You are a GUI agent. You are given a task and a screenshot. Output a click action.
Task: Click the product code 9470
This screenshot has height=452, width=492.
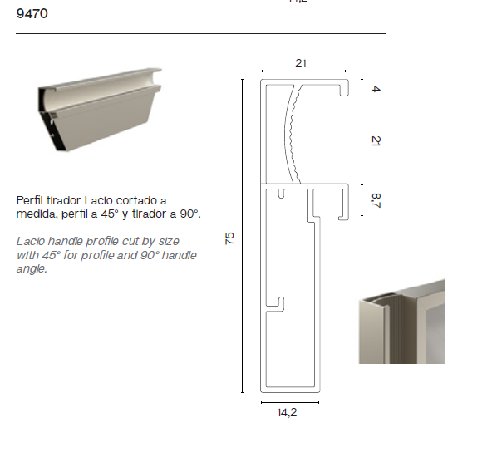tap(32, 14)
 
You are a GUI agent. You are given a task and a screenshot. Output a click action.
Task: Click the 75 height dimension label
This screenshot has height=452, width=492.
tap(229, 238)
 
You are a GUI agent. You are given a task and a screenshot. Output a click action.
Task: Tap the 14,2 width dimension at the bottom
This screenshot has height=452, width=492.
tap(287, 412)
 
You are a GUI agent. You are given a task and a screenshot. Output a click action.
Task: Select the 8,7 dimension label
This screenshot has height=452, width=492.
tap(376, 200)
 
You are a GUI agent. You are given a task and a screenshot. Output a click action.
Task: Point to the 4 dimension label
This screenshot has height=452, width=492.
tap(376, 89)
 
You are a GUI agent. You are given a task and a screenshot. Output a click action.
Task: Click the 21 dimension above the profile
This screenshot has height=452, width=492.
tap(301, 64)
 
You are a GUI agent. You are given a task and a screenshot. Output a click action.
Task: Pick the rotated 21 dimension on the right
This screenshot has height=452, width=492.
tap(376, 140)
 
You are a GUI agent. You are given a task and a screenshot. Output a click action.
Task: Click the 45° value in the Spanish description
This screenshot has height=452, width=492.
tap(110, 214)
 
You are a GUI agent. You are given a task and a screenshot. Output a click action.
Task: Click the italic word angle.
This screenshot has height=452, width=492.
tap(32, 269)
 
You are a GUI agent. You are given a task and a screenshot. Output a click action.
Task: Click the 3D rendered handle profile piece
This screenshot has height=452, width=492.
tap(100, 110)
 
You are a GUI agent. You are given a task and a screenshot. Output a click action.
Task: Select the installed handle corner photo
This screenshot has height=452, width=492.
tap(402, 322)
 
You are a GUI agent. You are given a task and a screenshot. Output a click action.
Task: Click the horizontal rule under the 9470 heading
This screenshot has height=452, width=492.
tap(201, 33)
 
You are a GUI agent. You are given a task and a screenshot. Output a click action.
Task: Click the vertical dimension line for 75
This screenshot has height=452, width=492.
tap(242, 236)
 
